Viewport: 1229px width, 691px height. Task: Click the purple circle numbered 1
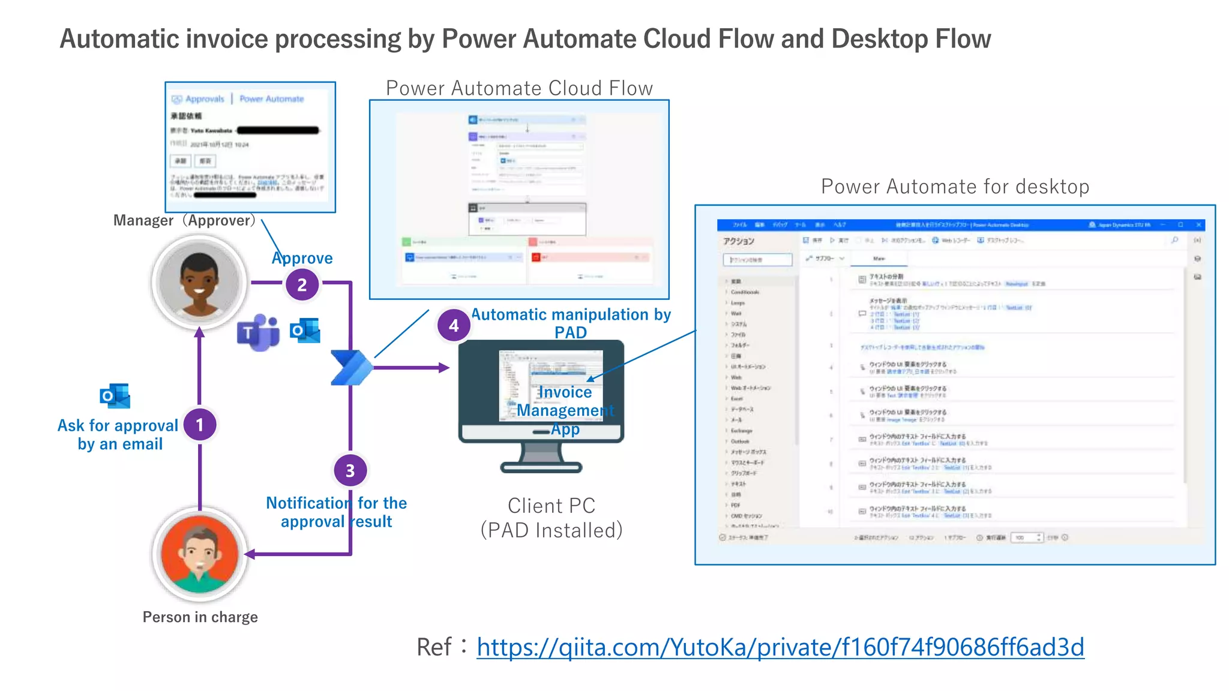tap(200, 425)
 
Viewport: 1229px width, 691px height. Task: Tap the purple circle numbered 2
tap(302, 284)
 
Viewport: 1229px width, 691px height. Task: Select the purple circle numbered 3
tap(350, 471)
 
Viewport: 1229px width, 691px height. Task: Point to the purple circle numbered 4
tap(454, 326)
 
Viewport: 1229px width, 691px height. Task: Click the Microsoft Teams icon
tap(259, 332)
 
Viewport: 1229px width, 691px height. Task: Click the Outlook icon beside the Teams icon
tap(305, 330)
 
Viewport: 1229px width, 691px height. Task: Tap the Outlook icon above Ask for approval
tap(115, 396)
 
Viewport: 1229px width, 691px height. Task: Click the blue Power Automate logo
tap(352, 367)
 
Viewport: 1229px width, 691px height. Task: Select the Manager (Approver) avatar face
tap(199, 282)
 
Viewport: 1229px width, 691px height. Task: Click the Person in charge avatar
tap(200, 554)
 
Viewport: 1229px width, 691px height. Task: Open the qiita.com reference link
tap(780, 647)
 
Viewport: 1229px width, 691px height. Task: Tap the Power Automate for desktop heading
tap(955, 187)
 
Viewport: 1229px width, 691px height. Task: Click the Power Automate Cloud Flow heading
tap(519, 88)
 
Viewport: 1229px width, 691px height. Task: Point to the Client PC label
tap(551, 506)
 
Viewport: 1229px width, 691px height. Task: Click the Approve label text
tap(302, 258)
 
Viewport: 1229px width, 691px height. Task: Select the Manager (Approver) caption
tap(184, 220)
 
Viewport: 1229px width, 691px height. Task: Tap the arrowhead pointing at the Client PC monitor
tap(444, 367)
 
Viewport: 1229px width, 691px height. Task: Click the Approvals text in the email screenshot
tap(204, 99)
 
